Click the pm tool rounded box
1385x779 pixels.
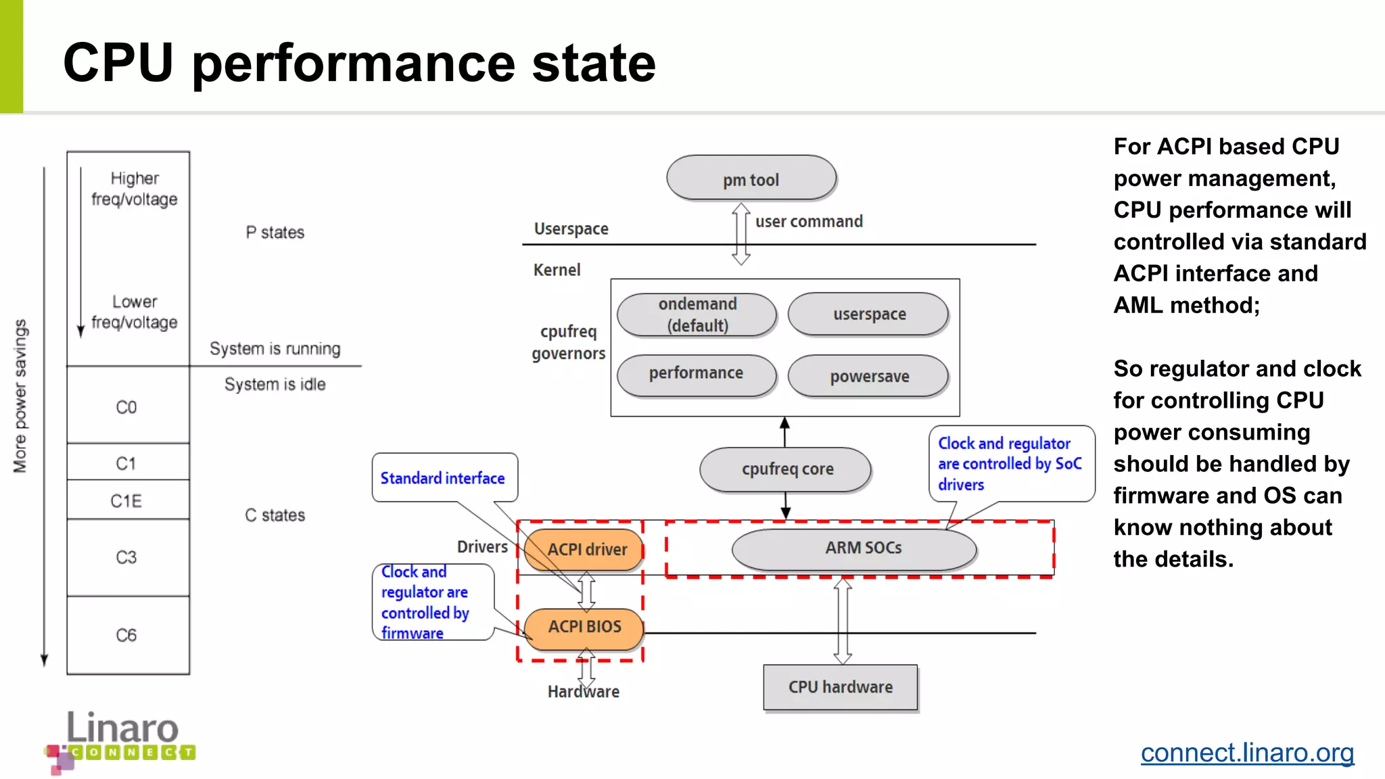[x=751, y=179]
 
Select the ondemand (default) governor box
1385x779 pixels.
[x=697, y=314]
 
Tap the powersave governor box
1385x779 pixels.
[x=868, y=376]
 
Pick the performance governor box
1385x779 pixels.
[x=697, y=374]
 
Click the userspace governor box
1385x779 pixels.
[x=868, y=314]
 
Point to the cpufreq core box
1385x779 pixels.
[x=786, y=469]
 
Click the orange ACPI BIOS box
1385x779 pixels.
[x=584, y=627]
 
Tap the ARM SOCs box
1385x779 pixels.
[x=855, y=548]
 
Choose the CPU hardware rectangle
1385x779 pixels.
[x=840, y=687]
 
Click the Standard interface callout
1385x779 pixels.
[x=444, y=477]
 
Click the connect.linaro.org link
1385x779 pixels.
[x=1247, y=753]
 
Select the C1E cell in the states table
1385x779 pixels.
[x=127, y=500]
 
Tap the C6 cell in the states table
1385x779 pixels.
[x=127, y=635]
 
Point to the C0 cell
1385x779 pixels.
[x=127, y=406]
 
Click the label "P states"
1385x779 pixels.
[x=275, y=232]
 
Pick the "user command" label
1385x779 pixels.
[x=809, y=221]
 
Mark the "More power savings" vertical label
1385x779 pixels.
[x=20, y=396]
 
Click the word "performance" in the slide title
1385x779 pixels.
[x=354, y=63]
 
